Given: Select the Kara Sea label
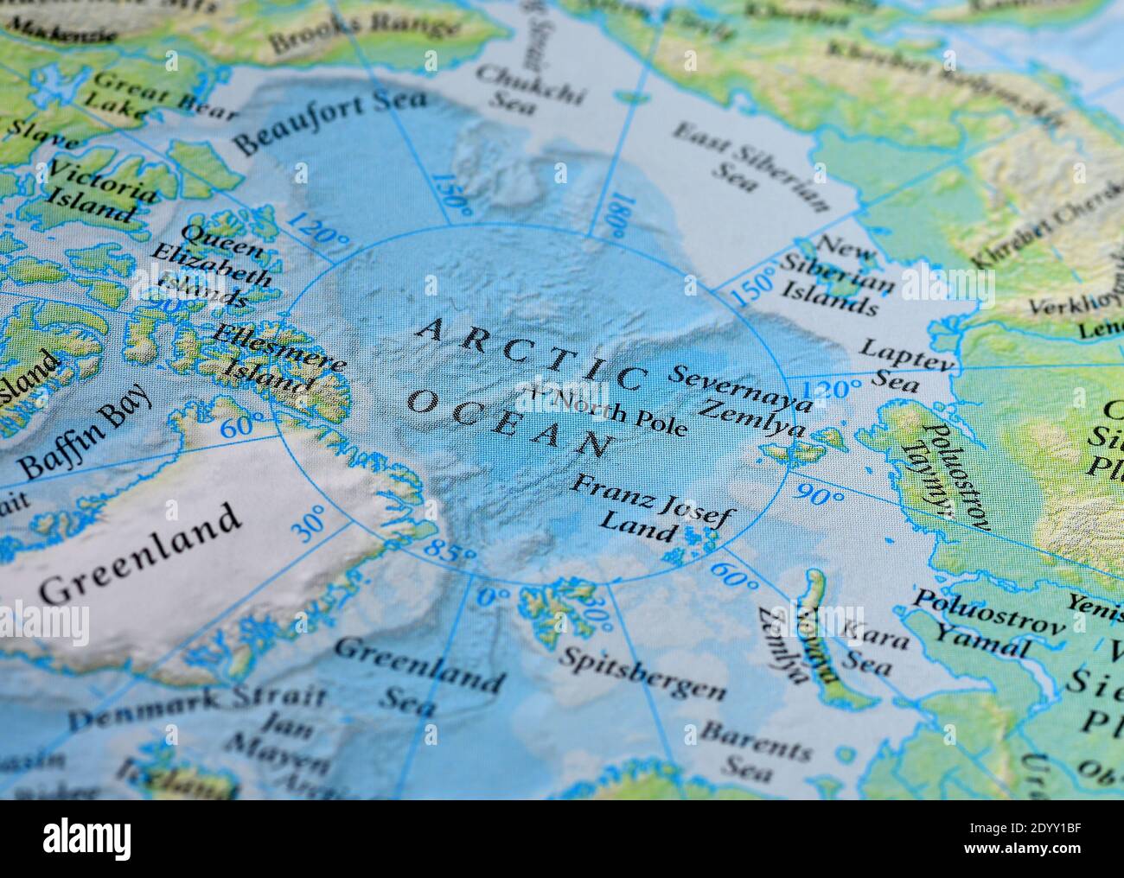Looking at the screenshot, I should [x=874, y=652].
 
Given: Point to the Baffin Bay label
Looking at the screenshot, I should [x=86, y=429].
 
